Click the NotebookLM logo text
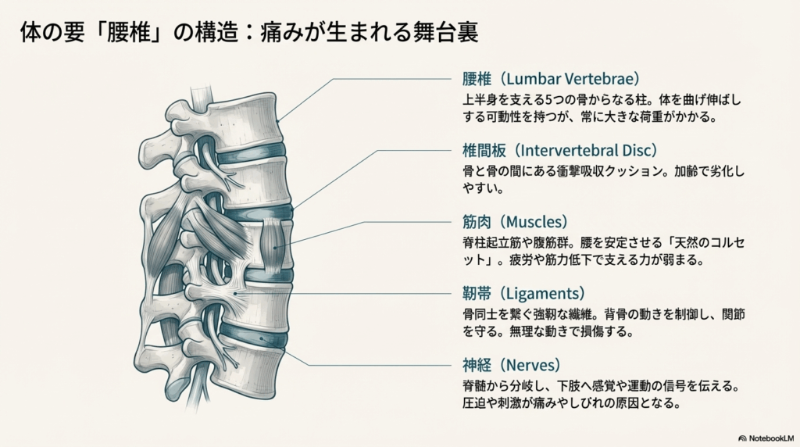[769, 438]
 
